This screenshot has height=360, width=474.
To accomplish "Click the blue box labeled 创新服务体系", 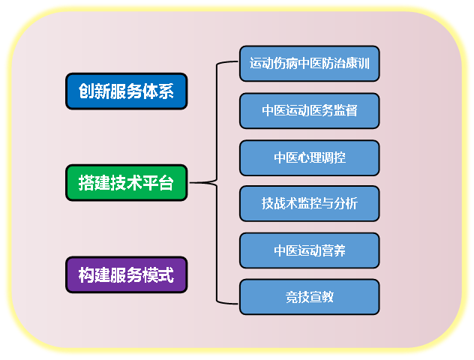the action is click(x=126, y=91).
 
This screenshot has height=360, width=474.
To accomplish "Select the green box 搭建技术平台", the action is click(x=126, y=182).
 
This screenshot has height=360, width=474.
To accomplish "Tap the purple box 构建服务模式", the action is click(x=126, y=274).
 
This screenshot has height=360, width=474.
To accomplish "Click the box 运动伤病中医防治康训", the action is click(x=310, y=64).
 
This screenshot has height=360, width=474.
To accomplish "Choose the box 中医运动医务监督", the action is click(x=310, y=111).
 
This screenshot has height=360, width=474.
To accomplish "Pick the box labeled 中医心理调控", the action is click(x=310, y=157).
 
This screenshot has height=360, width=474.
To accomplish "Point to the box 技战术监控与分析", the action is click(x=310, y=203).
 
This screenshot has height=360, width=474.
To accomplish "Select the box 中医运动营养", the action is click(x=310, y=250).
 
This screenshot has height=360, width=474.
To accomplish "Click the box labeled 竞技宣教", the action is click(x=310, y=297).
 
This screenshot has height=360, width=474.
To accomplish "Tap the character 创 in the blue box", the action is click(x=86, y=91).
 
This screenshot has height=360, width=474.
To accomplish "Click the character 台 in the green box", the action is click(x=166, y=182).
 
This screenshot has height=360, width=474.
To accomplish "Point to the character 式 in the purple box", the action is click(x=166, y=274).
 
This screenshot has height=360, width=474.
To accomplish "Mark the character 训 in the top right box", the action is click(x=364, y=64).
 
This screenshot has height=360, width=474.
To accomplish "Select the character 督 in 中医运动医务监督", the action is click(x=352, y=111).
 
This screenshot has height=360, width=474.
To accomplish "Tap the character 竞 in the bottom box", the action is click(x=292, y=297).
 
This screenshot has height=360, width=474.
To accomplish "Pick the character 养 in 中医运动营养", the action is click(x=340, y=250).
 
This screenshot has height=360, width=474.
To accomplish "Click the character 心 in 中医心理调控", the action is click(x=304, y=157).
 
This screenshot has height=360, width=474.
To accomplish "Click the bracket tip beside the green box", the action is click(x=190, y=182).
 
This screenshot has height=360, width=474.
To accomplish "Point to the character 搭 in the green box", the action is click(x=86, y=182).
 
